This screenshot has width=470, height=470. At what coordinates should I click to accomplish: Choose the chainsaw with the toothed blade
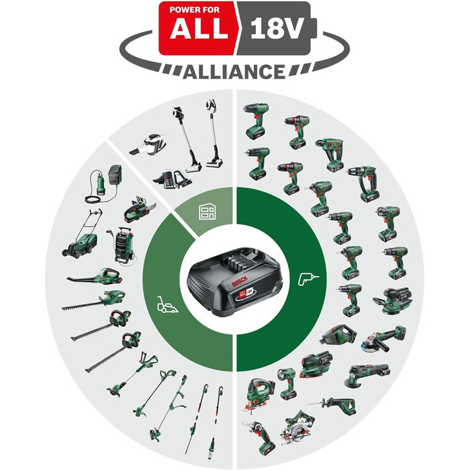point(138,210)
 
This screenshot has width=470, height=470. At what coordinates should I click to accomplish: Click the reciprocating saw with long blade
point(332,404)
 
